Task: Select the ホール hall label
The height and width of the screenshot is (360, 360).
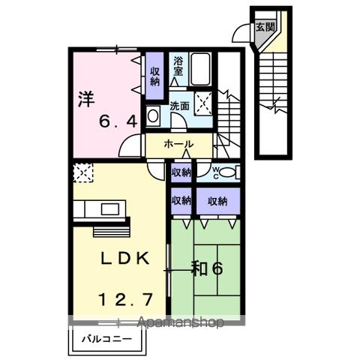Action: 178,144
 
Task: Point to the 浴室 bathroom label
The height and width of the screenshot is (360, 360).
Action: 179,66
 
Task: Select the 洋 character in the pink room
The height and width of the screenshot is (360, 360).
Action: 86,97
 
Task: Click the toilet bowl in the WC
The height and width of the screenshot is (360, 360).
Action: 229,172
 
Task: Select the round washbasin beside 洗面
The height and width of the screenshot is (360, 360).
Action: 152,116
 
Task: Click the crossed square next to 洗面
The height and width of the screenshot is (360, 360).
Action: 203,103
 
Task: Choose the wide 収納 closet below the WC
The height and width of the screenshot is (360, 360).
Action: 217,200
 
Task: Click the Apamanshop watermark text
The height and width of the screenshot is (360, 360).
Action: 180,323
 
